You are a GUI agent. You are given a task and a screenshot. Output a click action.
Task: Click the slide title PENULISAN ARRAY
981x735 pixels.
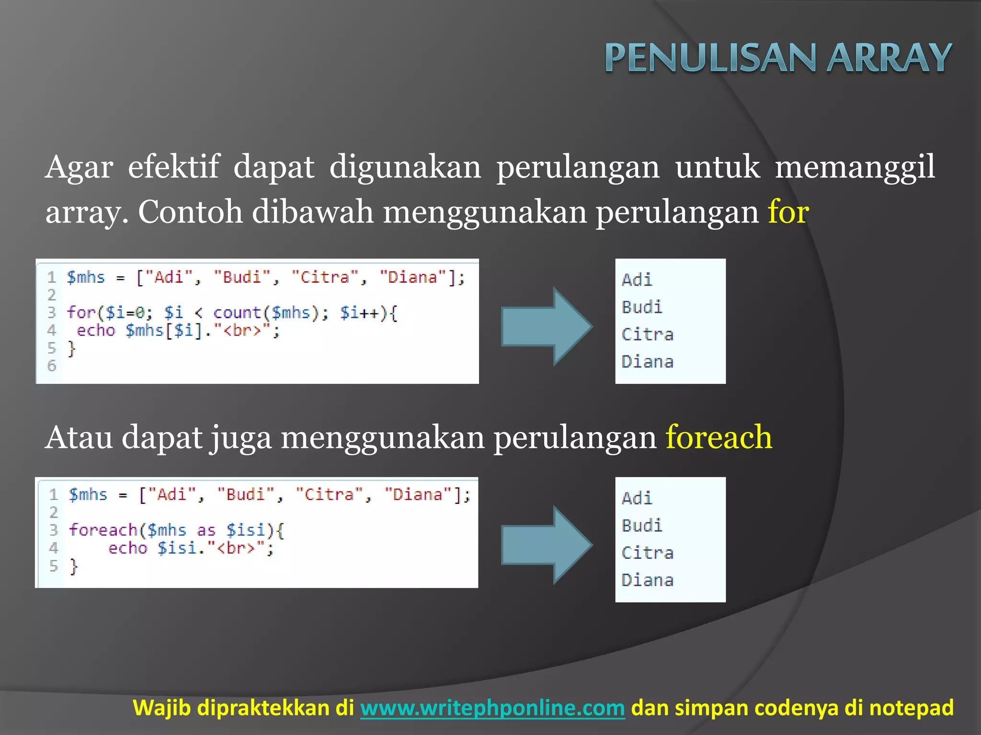778,57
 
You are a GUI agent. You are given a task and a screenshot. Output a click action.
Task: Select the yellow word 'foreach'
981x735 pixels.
719,437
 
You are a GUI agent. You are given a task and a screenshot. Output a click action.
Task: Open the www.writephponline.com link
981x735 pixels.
492,708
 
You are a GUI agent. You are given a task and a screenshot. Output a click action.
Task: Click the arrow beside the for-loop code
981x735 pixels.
547,327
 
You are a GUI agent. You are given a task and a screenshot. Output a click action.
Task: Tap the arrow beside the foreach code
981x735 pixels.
547,545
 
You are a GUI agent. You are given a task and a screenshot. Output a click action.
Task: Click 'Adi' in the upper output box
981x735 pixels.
637,279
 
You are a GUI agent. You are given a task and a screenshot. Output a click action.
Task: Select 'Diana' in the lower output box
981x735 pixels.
647,580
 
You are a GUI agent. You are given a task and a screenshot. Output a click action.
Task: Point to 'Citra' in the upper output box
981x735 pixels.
647,334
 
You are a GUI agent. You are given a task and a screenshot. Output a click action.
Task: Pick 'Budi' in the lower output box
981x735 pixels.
642,525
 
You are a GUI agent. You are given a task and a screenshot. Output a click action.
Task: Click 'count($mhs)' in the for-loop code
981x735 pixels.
266,313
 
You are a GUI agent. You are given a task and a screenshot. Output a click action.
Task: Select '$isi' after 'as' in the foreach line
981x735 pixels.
246,530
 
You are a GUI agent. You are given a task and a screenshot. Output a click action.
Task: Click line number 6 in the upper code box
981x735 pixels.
52,366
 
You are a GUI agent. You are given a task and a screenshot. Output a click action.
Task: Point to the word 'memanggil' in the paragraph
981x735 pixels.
855,167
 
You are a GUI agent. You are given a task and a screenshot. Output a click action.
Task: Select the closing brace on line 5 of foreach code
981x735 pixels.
73,567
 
